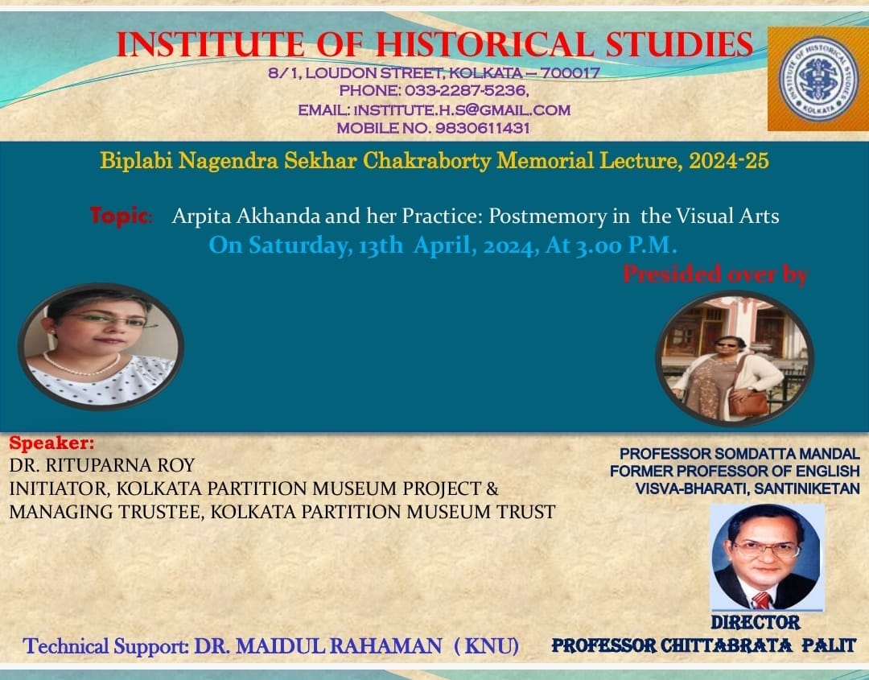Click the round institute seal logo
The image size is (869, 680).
pos(818,79)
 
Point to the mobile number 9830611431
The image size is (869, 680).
pos(482,128)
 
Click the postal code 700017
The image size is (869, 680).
pos(570,72)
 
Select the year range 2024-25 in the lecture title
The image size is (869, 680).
pos(728,161)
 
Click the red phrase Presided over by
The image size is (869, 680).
pos(715,274)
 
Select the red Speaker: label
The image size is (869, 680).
pos(51,443)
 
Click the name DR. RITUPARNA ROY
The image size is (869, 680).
pos(102,465)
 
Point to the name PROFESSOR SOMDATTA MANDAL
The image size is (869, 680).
pos(739,454)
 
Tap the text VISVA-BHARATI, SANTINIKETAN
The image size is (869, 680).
pos(747,488)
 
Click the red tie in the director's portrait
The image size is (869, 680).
pos(762,600)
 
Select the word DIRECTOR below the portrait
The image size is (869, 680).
pos(756,622)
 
